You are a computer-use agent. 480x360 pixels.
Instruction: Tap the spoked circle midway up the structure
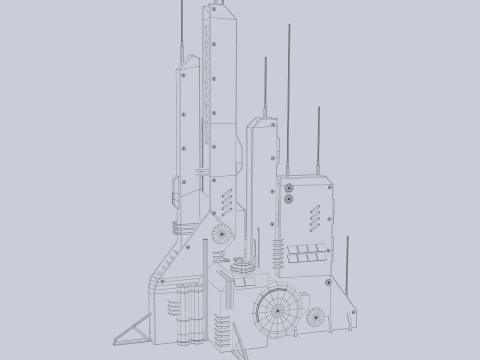221,233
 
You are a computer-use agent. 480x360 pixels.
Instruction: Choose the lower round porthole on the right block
289,199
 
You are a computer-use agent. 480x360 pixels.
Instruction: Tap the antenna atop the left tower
181,30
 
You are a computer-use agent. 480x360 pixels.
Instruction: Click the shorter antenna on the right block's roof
319,140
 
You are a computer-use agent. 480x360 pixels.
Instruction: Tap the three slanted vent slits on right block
319,215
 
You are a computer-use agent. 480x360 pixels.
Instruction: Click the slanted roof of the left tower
190,62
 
